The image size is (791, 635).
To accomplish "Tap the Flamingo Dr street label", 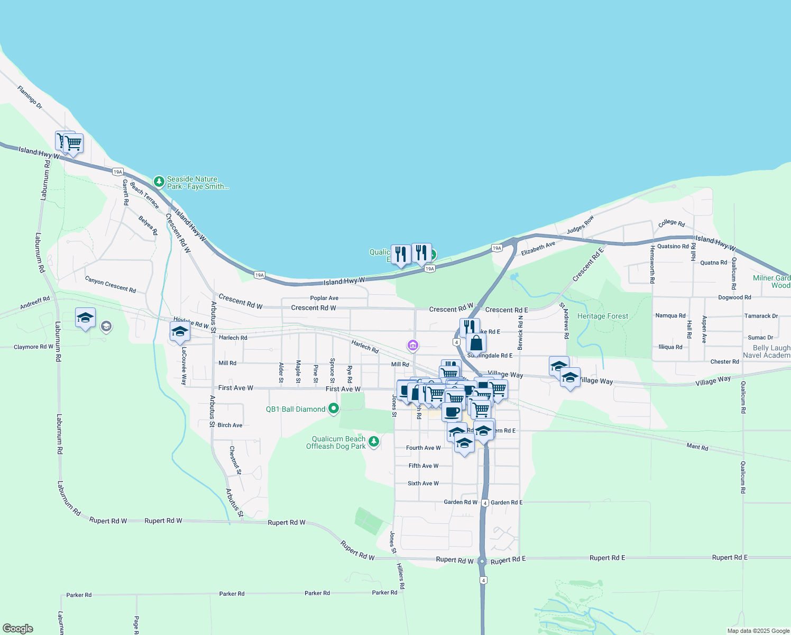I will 30,97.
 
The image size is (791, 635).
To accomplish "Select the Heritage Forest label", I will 603,316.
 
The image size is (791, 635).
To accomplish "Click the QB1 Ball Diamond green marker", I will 333,409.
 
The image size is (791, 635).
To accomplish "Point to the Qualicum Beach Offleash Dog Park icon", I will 374,441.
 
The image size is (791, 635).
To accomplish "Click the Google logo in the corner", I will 18,629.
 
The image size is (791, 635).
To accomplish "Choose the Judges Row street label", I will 581,224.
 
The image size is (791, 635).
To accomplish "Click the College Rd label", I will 672,223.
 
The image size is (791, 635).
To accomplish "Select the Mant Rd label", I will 697,447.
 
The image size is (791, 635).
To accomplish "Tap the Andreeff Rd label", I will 35,303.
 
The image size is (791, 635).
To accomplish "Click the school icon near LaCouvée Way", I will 180,332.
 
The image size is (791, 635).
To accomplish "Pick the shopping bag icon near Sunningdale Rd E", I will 476,343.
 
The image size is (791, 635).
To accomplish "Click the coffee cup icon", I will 452,411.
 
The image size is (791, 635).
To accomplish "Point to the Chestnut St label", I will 235,460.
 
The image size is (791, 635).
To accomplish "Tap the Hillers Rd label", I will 401,576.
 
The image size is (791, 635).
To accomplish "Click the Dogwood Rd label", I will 734,297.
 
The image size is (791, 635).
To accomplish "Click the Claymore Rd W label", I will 33,347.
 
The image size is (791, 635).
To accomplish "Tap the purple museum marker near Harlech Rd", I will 413,346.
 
